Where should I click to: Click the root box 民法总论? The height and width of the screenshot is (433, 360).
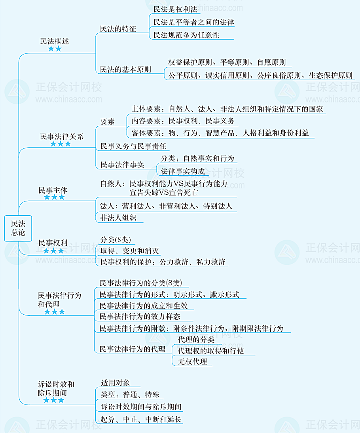tap(18, 228)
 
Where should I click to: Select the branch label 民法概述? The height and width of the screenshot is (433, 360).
tap(54, 42)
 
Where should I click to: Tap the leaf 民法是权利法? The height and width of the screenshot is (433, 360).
tap(175, 9)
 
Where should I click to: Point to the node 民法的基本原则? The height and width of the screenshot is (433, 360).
tap(125, 70)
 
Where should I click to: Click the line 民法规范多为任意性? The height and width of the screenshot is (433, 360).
tap(186, 35)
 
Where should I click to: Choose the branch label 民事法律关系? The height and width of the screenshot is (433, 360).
tap(62, 137)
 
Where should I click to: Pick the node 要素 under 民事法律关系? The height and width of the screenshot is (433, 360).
tap(107, 122)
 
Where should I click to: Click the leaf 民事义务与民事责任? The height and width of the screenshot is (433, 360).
tap(133, 146)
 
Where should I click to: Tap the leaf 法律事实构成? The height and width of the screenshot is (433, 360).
tap(183, 171)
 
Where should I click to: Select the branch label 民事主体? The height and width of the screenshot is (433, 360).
tap(53, 190)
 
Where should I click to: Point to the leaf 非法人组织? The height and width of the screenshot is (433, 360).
tap(118, 218)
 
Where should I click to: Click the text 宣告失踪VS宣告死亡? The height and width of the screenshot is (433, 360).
tap(164, 192)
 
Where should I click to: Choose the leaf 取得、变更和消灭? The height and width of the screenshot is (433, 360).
tap(129, 251)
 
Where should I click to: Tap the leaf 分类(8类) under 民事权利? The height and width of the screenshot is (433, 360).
tap(116, 240)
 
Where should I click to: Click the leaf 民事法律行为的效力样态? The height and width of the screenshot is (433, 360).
tap(140, 317)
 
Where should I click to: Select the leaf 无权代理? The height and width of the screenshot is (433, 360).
tap(192, 361)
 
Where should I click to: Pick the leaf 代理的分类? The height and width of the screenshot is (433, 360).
tap(196, 340)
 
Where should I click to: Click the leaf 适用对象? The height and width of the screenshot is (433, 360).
tap(116, 383)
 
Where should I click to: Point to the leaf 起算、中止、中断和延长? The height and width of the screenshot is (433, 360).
tap(141, 420)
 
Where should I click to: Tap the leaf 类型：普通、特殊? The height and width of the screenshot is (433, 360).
tap(130, 395)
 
